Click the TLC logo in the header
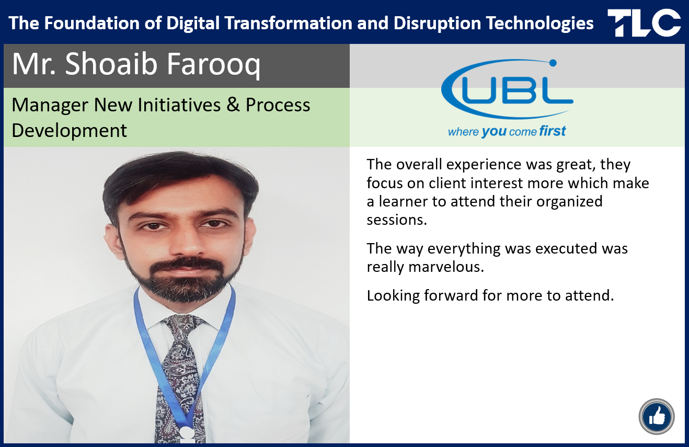644,22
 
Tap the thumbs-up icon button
657,417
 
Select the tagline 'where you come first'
507,131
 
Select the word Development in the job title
69,131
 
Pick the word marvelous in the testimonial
446,267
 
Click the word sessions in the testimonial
397,220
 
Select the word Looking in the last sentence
393,295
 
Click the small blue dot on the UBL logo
553,63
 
